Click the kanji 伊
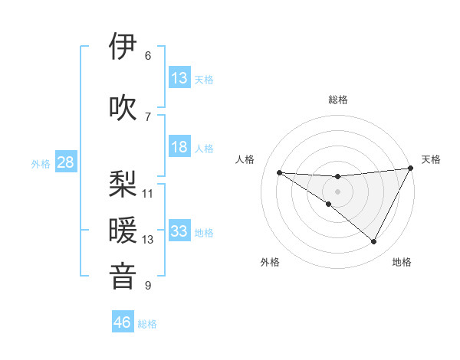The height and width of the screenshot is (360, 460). tap(123, 47)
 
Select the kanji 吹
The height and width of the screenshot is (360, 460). tap(123, 108)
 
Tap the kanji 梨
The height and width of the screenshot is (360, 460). tap(123, 185)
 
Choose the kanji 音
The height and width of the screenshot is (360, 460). tap(123, 277)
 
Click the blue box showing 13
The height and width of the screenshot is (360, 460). tap(179, 78)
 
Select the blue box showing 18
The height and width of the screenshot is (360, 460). tap(179, 147)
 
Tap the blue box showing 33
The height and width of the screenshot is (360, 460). tap(179, 231)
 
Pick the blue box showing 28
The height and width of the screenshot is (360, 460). tap(65, 162)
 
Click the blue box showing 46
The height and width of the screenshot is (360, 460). tap(123, 322)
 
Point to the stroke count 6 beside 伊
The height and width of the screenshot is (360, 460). tap(148, 56)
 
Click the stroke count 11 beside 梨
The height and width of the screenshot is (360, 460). tap(148, 193)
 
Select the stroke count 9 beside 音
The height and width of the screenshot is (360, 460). tap(148, 286)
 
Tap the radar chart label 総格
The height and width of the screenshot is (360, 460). tap(337, 100)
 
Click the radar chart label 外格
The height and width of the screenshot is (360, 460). tap(270, 263)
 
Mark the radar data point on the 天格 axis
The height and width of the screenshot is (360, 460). tap(411, 169)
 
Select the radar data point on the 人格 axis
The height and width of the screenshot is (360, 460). tap(279, 172)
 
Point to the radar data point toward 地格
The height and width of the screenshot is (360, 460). tap(374, 242)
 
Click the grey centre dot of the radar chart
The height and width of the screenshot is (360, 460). tap(337, 191)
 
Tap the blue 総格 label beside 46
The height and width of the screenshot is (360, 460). tap(147, 324)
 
